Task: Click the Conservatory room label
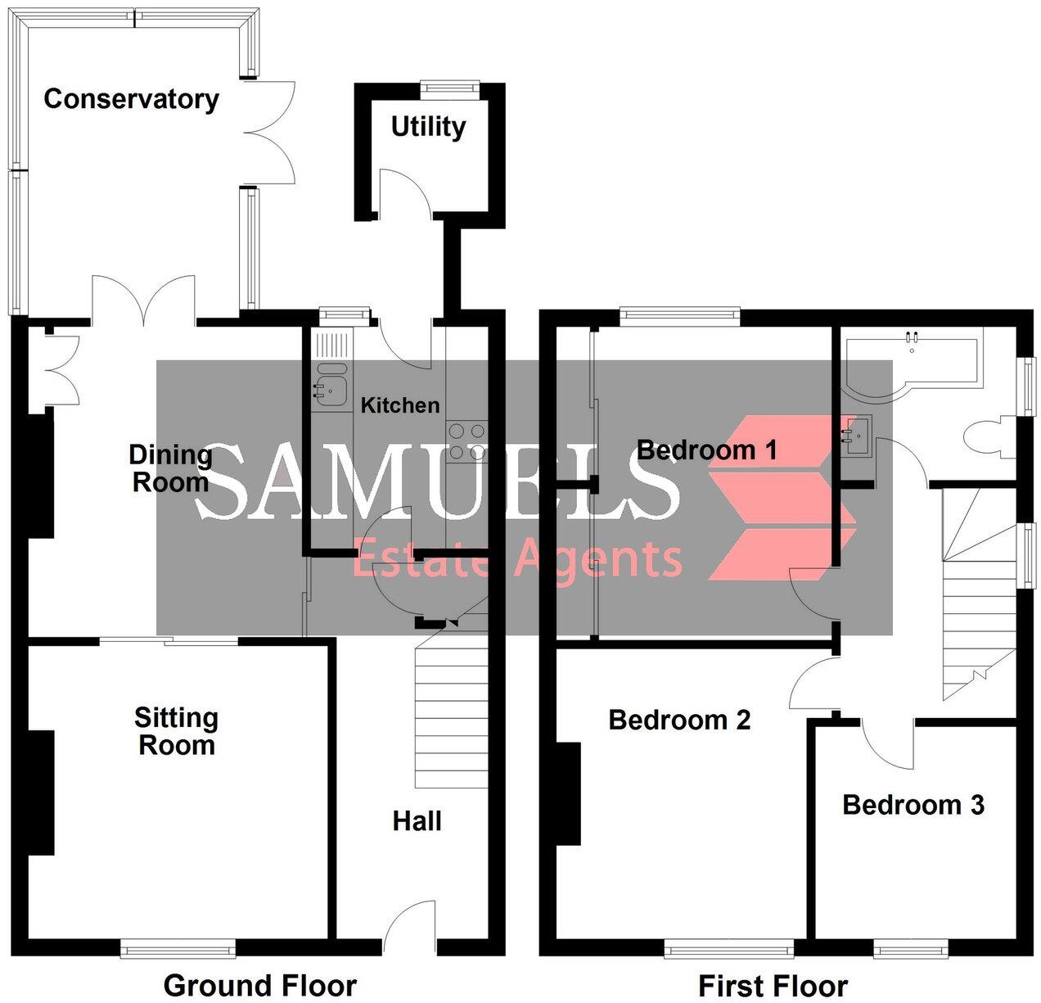[x=131, y=99]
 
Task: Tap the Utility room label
[x=428, y=127]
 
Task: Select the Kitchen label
[x=400, y=404]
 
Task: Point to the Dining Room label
[x=170, y=468]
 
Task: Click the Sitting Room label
[x=176, y=731]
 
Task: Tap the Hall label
[x=417, y=820]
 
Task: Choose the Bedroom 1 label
[x=706, y=450]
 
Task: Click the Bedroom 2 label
[x=679, y=720]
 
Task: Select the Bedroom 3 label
[x=913, y=805]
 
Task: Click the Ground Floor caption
[x=260, y=985]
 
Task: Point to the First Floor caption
[x=773, y=985]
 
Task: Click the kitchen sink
[x=331, y=385]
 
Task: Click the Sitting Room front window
[x=178, y=950]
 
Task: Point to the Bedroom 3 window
[x=911, y=950]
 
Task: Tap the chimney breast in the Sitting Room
[x=41, y=793]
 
